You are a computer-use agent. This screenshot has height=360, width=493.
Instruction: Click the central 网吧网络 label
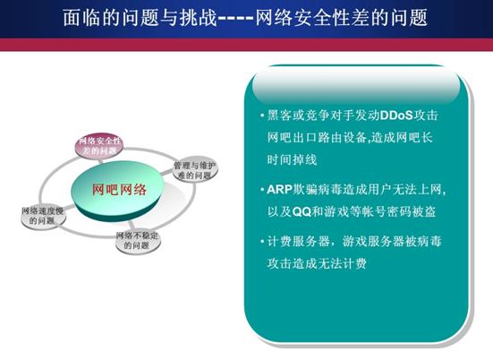tap(119, 190)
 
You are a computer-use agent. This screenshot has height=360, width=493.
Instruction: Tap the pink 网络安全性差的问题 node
tap(99, 146)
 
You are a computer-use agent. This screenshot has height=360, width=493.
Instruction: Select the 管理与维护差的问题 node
tap(195, 170)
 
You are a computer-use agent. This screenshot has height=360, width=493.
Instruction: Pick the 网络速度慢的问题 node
tap(43, 216)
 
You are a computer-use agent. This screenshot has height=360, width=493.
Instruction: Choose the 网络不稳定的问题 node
tap(138, 241)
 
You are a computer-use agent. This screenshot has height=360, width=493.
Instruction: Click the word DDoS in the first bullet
tap(396, 116)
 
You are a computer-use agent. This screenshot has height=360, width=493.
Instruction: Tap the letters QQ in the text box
tap(302, 211)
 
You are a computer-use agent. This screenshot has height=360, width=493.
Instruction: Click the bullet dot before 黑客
tap(262, 116)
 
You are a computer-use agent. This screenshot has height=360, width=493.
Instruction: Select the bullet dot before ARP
tap(262, 190)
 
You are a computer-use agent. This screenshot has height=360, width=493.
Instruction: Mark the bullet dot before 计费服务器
tap(262, 242)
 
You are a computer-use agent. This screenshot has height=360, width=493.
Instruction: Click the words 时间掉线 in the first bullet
tap(292, 159)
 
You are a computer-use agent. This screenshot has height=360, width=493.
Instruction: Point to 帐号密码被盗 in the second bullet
tap(399, 211)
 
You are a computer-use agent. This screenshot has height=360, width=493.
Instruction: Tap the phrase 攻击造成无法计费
tap(317, 263)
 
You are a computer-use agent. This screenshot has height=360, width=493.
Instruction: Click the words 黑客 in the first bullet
tap(279, 116)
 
